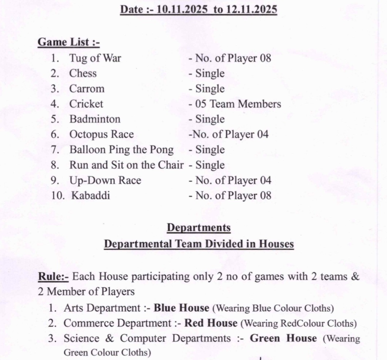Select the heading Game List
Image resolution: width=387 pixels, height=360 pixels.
coord(69,42)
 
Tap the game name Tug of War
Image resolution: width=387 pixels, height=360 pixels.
coord(95,58)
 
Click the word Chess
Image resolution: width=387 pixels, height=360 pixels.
coord(83,74)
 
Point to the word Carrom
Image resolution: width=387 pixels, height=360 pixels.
coord(87,89)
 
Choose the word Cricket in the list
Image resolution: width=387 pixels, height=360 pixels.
coord(86,104)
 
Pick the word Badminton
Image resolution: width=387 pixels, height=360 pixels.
coord(95,119)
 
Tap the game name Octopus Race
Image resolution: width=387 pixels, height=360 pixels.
coord(101,135)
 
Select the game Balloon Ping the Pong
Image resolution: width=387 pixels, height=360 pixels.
coord(121,150)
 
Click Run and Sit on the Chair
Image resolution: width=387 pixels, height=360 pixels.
coord(126,165)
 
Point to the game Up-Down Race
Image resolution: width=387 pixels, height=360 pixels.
coord(105,180)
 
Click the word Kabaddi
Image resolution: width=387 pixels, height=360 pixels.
coord(90,195)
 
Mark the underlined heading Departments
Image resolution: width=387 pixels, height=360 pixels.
coord(199,228)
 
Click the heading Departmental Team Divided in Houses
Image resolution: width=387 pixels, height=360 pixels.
coord(199,244)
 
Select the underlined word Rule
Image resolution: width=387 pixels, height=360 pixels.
coord(53,277)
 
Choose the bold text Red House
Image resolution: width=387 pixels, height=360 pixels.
coord(211,323)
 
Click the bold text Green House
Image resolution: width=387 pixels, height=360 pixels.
coord(283,338)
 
